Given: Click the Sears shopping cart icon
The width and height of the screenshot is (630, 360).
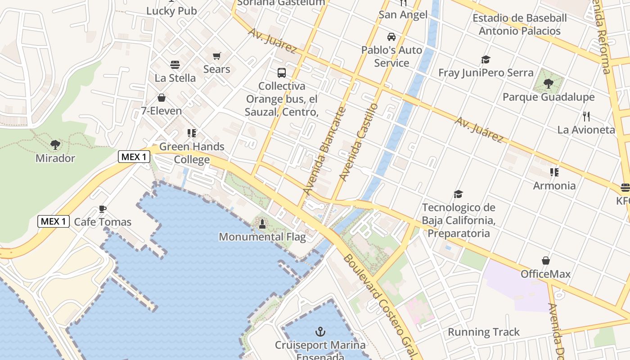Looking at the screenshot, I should [217, 56].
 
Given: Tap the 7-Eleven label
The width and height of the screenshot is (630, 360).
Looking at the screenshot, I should [162, 111].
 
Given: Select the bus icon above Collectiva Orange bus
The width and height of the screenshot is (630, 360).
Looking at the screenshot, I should [282, 72].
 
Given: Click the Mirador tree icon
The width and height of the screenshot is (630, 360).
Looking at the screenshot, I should [55, 145].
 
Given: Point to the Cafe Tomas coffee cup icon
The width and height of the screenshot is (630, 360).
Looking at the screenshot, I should [103, 209].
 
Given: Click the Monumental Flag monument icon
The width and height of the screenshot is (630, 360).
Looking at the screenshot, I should [262, 223].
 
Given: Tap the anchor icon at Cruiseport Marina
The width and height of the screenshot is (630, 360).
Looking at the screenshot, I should [320, 332].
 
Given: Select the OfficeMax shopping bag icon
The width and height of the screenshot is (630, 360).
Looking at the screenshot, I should [545, 261].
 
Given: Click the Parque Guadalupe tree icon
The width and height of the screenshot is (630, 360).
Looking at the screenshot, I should [548, 83].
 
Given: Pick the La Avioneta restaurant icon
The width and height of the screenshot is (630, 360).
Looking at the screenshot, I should [586, 117].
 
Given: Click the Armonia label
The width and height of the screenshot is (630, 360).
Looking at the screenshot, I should [554, 185].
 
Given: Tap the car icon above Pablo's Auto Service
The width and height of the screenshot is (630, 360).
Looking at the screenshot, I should [391, 37].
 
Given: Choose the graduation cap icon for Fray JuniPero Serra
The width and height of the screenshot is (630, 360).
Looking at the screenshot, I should [486, 59].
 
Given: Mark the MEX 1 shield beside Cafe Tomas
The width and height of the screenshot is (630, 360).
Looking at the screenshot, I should [54, 221].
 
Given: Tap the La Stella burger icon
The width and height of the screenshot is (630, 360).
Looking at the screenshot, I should [175, 65].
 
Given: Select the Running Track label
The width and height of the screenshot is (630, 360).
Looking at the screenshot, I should [484, 332].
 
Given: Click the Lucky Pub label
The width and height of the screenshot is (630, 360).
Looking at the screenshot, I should [171, 11].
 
